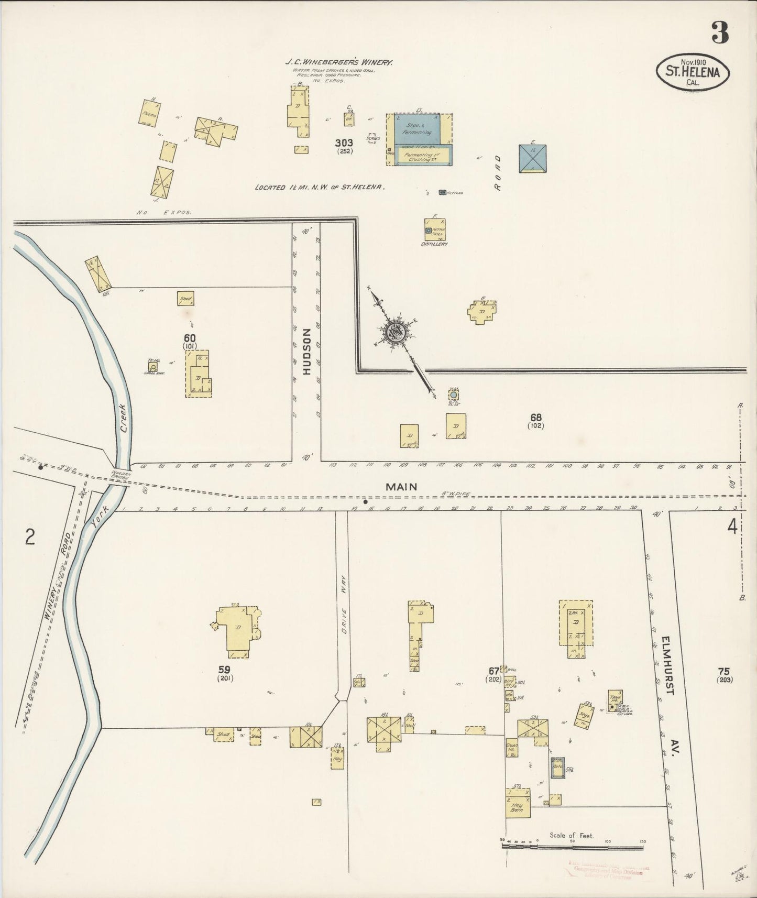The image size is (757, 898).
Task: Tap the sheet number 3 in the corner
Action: coord(720,33)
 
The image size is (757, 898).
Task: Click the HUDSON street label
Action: coord(306,351)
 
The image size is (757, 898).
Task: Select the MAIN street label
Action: coord(401,487)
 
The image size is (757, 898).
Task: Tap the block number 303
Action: coord(345,143)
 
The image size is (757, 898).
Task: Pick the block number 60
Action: coord(190,338)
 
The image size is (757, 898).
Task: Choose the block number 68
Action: coord(535,418)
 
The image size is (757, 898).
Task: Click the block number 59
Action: coord(225,669)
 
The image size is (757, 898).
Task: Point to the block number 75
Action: coord(724,671)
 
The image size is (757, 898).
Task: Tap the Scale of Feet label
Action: coord(572,836)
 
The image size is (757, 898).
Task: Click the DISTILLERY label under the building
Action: coord(435,244)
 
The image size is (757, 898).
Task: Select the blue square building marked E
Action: coord(533,158)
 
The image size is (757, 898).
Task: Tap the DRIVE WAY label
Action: coord(344,610)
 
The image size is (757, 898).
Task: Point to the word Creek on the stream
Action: coord(124,420)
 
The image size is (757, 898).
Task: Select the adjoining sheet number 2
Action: coord(30,537)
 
